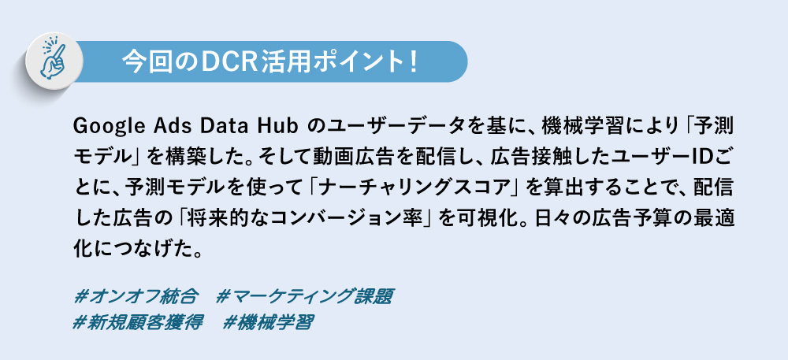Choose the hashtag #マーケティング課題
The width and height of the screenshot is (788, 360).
click(303, 298)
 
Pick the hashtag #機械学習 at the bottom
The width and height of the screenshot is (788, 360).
click(268, 322)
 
